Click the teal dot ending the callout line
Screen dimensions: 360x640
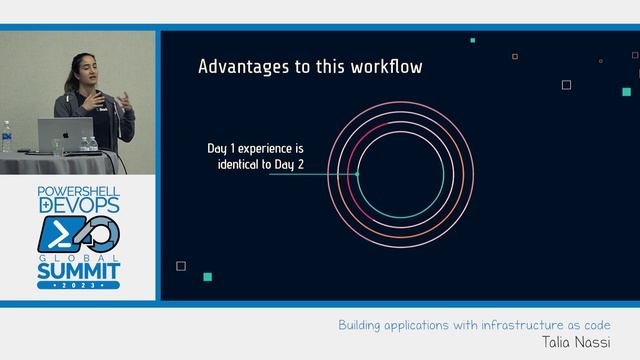357,173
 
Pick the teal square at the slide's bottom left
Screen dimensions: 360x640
207,277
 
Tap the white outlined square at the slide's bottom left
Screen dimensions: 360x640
181,266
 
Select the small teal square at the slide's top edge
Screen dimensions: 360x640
472,40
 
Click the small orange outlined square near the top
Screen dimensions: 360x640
515,57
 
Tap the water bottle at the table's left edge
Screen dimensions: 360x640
7,137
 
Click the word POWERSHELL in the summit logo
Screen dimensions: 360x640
78,190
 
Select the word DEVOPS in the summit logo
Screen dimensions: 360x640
78,204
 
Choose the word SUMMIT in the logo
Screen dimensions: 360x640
78,269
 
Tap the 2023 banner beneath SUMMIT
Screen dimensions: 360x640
78,285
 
